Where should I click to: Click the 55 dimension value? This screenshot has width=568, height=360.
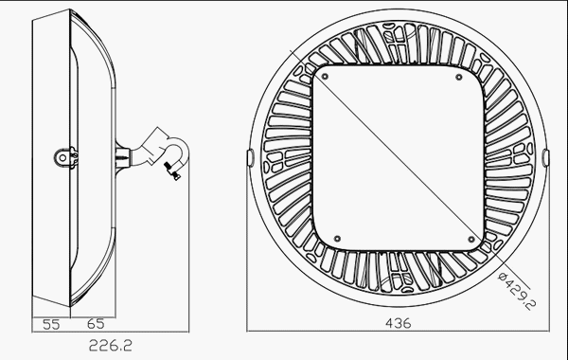(x=51, y=324)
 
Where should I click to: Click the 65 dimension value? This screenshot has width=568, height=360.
(x=96, y=324)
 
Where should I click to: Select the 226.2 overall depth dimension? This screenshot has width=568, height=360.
(x=111, y=346)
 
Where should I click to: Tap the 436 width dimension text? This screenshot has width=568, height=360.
(x=399, y=323)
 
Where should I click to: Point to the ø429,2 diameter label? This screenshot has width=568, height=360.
(x=517, y=291)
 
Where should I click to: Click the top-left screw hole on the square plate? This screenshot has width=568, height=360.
(x=325, y=77)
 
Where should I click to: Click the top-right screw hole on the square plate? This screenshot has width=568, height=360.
(x=459, y=77)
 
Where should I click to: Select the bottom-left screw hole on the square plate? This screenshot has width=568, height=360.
(x=337, y=239)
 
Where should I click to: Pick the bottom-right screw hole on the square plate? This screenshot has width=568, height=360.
(x=471, y=240)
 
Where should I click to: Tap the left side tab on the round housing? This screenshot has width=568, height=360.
(x=250, y=158)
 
